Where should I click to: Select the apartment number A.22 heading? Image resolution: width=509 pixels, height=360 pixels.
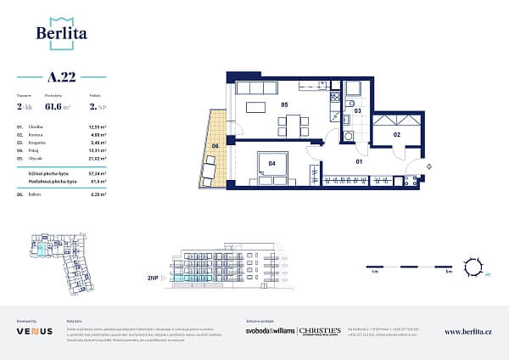click(62, 77)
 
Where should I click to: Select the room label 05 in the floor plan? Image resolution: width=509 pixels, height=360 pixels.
click(285, 105)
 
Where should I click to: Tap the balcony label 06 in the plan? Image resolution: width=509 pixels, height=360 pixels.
click(215, 146)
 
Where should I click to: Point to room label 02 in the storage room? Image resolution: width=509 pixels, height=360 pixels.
click(395, 134)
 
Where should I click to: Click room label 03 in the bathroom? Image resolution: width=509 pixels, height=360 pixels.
click(357, 111)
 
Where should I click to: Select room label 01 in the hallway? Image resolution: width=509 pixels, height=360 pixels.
click(359, 160)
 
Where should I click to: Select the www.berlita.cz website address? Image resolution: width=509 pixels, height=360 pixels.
click(467, 332)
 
